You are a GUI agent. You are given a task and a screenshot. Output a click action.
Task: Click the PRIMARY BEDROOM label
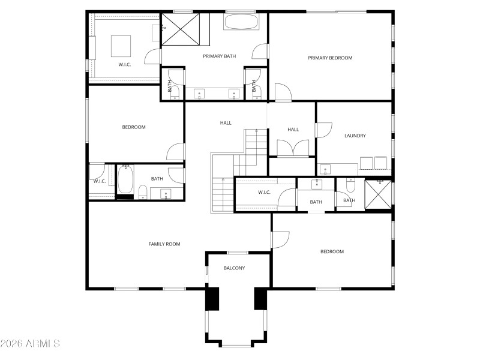(330, 58)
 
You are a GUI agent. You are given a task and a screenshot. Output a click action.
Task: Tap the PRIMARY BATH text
(219, 56)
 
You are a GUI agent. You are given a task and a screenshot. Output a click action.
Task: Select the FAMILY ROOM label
(164, 244)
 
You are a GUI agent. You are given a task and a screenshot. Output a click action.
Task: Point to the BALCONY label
(234, 268)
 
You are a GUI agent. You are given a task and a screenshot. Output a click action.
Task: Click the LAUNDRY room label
(355, 136)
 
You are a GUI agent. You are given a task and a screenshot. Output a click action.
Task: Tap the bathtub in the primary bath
(241, 22)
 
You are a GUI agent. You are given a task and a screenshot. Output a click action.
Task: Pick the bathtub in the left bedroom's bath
(125, 179)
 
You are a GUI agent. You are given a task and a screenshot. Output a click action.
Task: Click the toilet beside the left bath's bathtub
(143, 192)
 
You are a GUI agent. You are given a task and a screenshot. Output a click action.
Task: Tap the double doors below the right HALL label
(293, 148)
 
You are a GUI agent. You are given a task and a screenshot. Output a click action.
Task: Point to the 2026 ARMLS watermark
(30, 344)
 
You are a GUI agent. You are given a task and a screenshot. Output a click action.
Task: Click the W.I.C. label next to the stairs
(264, 193)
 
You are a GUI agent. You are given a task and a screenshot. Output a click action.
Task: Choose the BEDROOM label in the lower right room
(332, 252)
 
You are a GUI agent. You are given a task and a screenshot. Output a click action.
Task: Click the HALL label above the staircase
(226, 123)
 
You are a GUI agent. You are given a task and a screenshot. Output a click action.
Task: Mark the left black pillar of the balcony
(212, 299)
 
